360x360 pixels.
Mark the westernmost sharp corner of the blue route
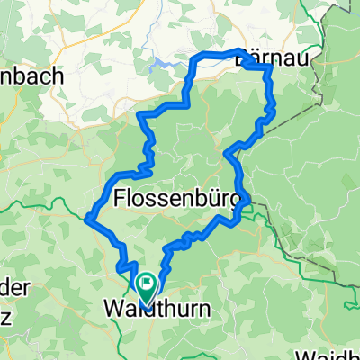pyautogui.click(x=87, y=217)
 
